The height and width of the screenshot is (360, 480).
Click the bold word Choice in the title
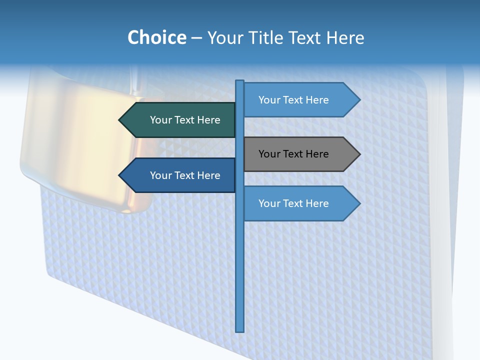tap(156, 37)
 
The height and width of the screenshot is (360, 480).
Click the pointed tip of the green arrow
tap(120, 120)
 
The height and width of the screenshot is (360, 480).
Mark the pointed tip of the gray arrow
tap(358, 154)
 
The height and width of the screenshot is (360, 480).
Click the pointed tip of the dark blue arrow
tap(120, 175)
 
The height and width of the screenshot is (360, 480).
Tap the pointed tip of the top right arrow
tap(358, 100)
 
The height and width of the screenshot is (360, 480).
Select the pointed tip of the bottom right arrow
tap(358, 203)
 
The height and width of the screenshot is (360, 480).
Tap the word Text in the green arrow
tap(185, 120)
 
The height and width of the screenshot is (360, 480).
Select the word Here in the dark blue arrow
tap(208, 175)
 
